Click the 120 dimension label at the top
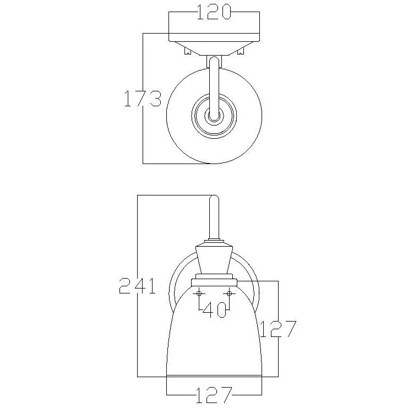214,12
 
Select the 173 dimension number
142,99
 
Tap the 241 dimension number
137,286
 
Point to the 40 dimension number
214,310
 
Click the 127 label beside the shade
278,329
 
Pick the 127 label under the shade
214,395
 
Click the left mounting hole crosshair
199,293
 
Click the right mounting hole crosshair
229,293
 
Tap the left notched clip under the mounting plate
188,51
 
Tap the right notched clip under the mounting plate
241,51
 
